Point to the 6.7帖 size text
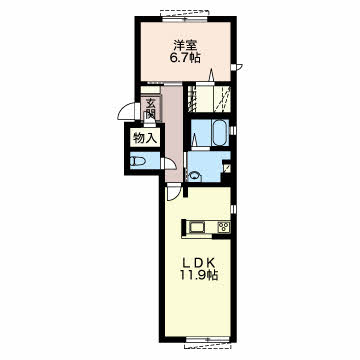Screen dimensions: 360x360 pyautogui.click(x=185, y=58)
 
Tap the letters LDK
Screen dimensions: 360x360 pyautogui.click(x=197, y=263)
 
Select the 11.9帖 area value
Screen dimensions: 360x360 pyautogui.click(x=199, y=275)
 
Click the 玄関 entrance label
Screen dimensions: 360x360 pyautogui.click(x=150, y=108)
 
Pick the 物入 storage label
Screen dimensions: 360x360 pyautogui.click(x=145, y=138)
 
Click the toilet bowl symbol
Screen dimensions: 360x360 pyautogui.click(x=138, y=162)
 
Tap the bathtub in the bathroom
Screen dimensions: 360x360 pyautogui.click(x=220, y=133)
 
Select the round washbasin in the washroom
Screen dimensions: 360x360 pyautogui.click(x=194, y=176)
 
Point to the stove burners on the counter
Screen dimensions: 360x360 pyautogui.click(x=223, y=227)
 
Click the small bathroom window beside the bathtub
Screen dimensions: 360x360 pyautogui.click(x=233, y=130)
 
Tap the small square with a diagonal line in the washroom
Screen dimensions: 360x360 pyautogui.click(x=226, y=167)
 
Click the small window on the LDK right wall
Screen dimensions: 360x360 pyautogui.click(x=233, y=209)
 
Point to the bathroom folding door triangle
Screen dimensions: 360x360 pyautogui.click(x=195, y=139)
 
